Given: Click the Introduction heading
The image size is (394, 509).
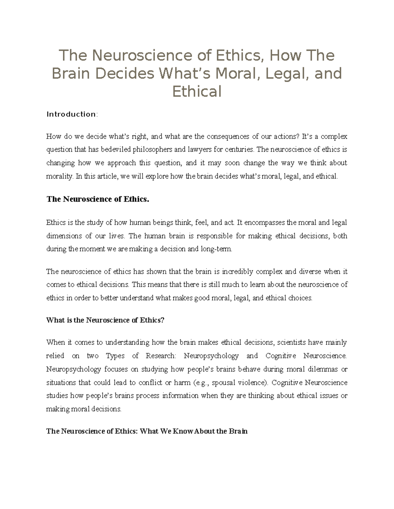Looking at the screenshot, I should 72,114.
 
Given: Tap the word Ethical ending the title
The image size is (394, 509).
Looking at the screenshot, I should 197,92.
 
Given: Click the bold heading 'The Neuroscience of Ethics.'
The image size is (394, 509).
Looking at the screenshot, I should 98,199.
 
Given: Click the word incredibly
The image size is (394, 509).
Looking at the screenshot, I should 238,271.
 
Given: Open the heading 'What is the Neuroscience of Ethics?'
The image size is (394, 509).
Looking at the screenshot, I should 105,320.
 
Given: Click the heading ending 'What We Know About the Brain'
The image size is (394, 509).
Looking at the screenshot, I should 147,431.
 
